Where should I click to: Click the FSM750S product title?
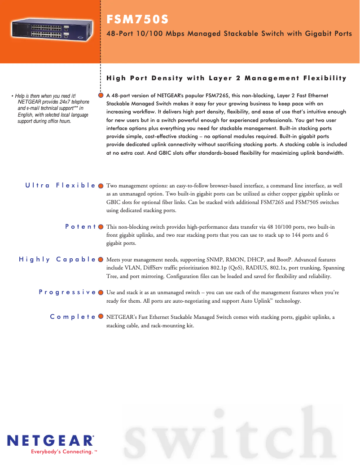[x=137, y=20]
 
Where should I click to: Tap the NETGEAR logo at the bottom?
[x=50, y=440]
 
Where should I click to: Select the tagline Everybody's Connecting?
[x=62, y=452]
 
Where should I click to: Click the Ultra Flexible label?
[x=61, y=185]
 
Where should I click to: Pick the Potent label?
[x=80, y=226]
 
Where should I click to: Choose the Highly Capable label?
[x=57, y=259]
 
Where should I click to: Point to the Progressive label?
[x=67, y=292]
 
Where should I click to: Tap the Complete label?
[x=73, y=317]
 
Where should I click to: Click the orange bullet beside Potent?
[x=101, y=226]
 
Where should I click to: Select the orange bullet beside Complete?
[x=101, y=317]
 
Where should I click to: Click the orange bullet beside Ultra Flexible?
[x=101, y=185]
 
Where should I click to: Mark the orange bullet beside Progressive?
[x=101, y=292]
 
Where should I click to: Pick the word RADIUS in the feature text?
[x=243, y=268]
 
